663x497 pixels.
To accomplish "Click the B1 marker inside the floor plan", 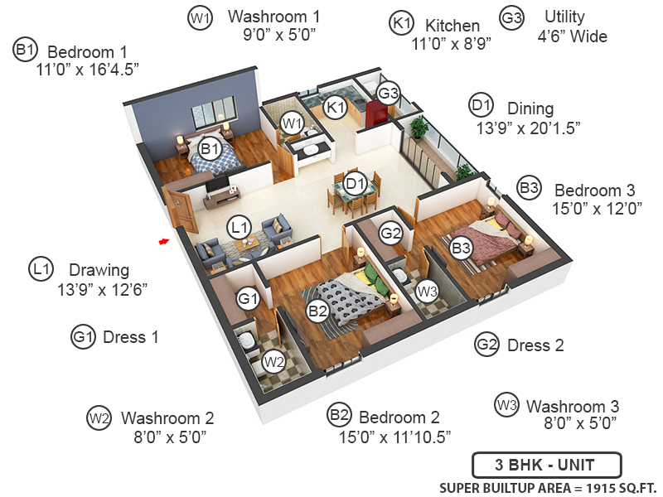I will point(211,149).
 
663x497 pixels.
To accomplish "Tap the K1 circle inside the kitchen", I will point(336,107).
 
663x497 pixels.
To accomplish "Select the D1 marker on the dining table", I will point(356,183).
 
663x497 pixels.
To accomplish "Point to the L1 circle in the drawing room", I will point(240,226).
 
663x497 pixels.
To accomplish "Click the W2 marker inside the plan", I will point(274,361).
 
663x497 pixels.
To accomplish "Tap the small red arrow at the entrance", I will point(164,241).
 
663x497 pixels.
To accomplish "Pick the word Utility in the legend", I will point(564,17).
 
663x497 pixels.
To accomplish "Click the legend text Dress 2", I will point(535,345).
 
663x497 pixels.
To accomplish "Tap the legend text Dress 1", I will point(130,337).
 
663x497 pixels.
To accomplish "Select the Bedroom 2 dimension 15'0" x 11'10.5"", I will point(394,437).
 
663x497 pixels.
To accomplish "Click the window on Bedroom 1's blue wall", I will point(218,113).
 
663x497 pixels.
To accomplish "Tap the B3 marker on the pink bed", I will point(461,246).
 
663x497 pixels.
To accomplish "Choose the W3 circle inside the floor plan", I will point(427,291).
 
